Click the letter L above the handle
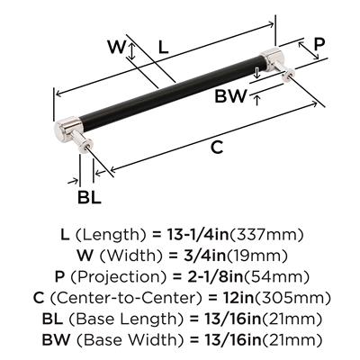click(163, 47)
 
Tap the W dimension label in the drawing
click(116, 47)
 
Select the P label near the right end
click(319, 44)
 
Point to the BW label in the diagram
click(230, 96)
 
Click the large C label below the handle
click(217, 147)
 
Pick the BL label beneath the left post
click(89, 197)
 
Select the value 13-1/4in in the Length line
click(196, 235)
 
